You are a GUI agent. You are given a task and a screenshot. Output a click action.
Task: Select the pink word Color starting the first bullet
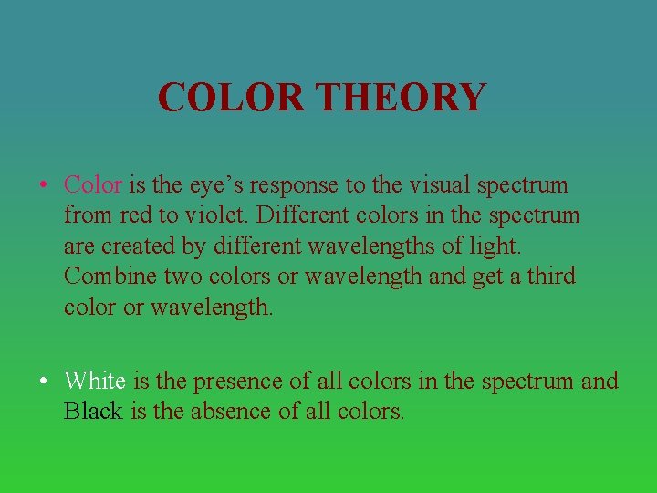tap(93, 184)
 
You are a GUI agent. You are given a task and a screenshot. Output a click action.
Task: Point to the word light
tap(469, 246)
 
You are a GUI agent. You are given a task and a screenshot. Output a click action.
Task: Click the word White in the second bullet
tap(95, 380)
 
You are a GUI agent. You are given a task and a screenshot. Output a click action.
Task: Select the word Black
tap(93, 411)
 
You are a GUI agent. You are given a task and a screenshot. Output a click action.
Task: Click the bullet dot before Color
tap(44, 185)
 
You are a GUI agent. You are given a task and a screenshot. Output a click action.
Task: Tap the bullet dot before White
tap(44, 381)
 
